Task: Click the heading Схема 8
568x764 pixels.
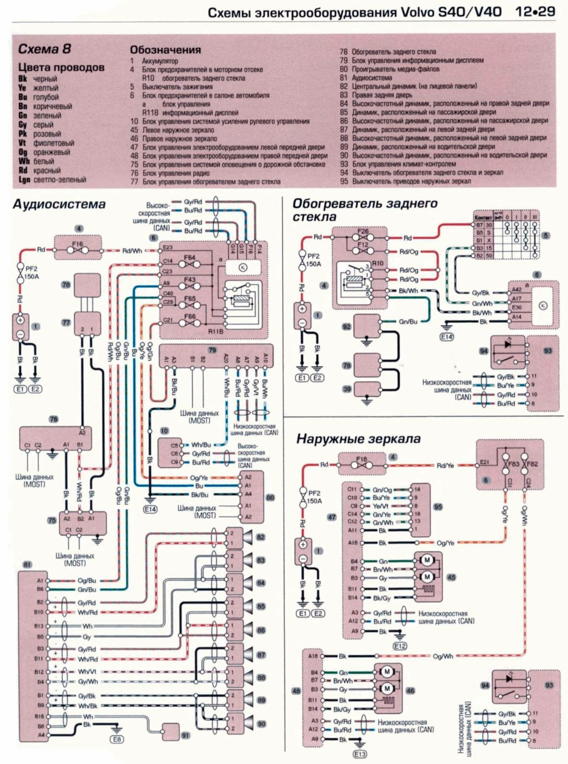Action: tap(45, 49)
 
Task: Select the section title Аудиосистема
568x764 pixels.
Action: tap(59, 205)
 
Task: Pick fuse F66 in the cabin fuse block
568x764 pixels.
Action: tap(190, 323)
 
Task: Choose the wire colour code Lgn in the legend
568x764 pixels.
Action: tap(24, 179)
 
